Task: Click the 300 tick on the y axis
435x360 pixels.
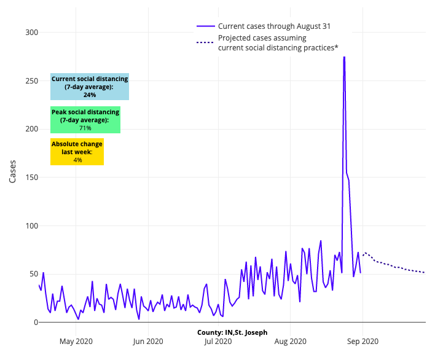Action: pos(31,33)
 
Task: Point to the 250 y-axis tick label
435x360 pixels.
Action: pos(31,80)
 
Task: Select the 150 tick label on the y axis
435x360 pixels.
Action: pos(31,178)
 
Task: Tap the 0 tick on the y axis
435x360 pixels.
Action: pos(34,322)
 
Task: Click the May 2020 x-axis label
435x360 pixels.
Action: pos(76,342)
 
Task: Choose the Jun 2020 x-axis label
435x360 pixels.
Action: pos(147,342)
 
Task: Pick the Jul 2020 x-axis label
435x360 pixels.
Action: pos(217,342)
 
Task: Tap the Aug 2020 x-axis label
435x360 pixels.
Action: pos(290,342)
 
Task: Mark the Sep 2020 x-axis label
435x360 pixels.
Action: pos(362,342)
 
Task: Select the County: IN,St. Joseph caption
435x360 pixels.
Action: pos(232,332)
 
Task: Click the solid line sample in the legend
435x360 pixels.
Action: pos(205,26)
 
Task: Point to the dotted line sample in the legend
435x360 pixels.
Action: pos(205,42)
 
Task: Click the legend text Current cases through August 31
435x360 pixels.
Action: pos(274,26)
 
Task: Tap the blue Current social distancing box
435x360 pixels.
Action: pos(90,87)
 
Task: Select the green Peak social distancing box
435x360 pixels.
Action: pos(85,120)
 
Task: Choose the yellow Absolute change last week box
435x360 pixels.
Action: pos(77,152)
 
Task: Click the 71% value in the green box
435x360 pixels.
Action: pos(85,128)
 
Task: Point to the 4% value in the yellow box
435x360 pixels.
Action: pos(77,160)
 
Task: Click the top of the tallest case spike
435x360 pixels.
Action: pos(344,57)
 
